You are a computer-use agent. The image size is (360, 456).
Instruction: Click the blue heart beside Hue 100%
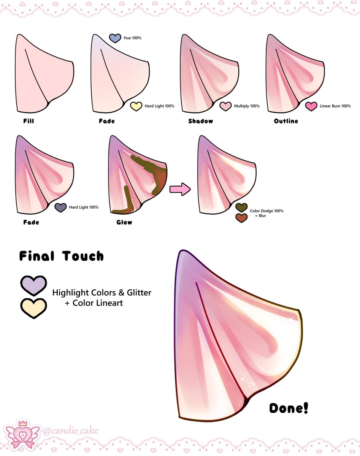(x=115, y=38)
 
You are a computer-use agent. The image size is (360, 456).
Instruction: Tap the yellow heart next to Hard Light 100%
(x=136, y=106)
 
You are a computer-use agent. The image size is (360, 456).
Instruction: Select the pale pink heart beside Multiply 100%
(x=226, y=106)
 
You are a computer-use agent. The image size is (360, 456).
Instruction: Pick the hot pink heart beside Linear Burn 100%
(x=311, y=106)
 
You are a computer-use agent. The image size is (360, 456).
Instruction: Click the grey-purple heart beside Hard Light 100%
(x=60, y=207)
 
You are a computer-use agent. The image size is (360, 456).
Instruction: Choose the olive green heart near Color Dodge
(x=241, y=207)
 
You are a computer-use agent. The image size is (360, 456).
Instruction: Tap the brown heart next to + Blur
(x=241, y=218)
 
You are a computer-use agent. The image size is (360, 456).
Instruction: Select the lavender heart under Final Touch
(x=34, y=285)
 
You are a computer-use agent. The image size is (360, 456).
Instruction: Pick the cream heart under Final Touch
(x=34, y=307)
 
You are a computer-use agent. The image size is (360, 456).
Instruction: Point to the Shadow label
(x=200, y=121)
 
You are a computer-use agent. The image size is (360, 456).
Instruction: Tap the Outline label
(x=286, y=121)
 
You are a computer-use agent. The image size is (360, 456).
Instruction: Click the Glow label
(x=124, y=222)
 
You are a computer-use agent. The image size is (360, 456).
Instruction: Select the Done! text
(x=289, y=408)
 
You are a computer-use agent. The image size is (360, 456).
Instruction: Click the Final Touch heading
(x=62, y=256)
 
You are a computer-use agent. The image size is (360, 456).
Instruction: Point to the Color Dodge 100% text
(x=266, y=211)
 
